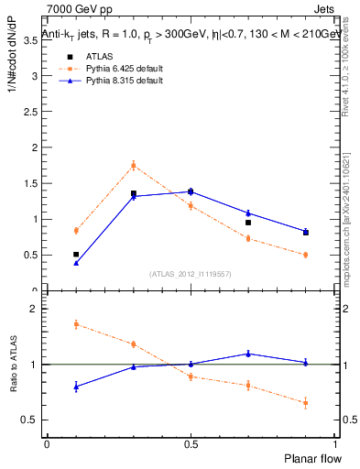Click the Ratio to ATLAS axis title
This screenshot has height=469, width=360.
coord(12,365)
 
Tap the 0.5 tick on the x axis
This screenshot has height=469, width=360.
coord(191,444)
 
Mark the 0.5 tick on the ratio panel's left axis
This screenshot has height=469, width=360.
coord(34,420)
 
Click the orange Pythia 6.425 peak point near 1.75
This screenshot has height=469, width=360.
coord(134,166)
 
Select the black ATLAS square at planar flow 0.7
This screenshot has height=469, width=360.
coord(248,223)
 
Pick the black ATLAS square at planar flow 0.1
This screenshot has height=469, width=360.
coord(76,254)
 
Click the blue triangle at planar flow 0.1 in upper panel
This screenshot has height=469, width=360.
coord(76,263)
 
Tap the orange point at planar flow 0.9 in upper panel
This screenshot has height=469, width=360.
coord(305,255)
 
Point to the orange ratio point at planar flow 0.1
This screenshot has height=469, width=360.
coord(76,324)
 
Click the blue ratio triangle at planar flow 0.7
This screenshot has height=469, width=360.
coord(248,354)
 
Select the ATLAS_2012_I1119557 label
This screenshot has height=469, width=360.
coord(191,274)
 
